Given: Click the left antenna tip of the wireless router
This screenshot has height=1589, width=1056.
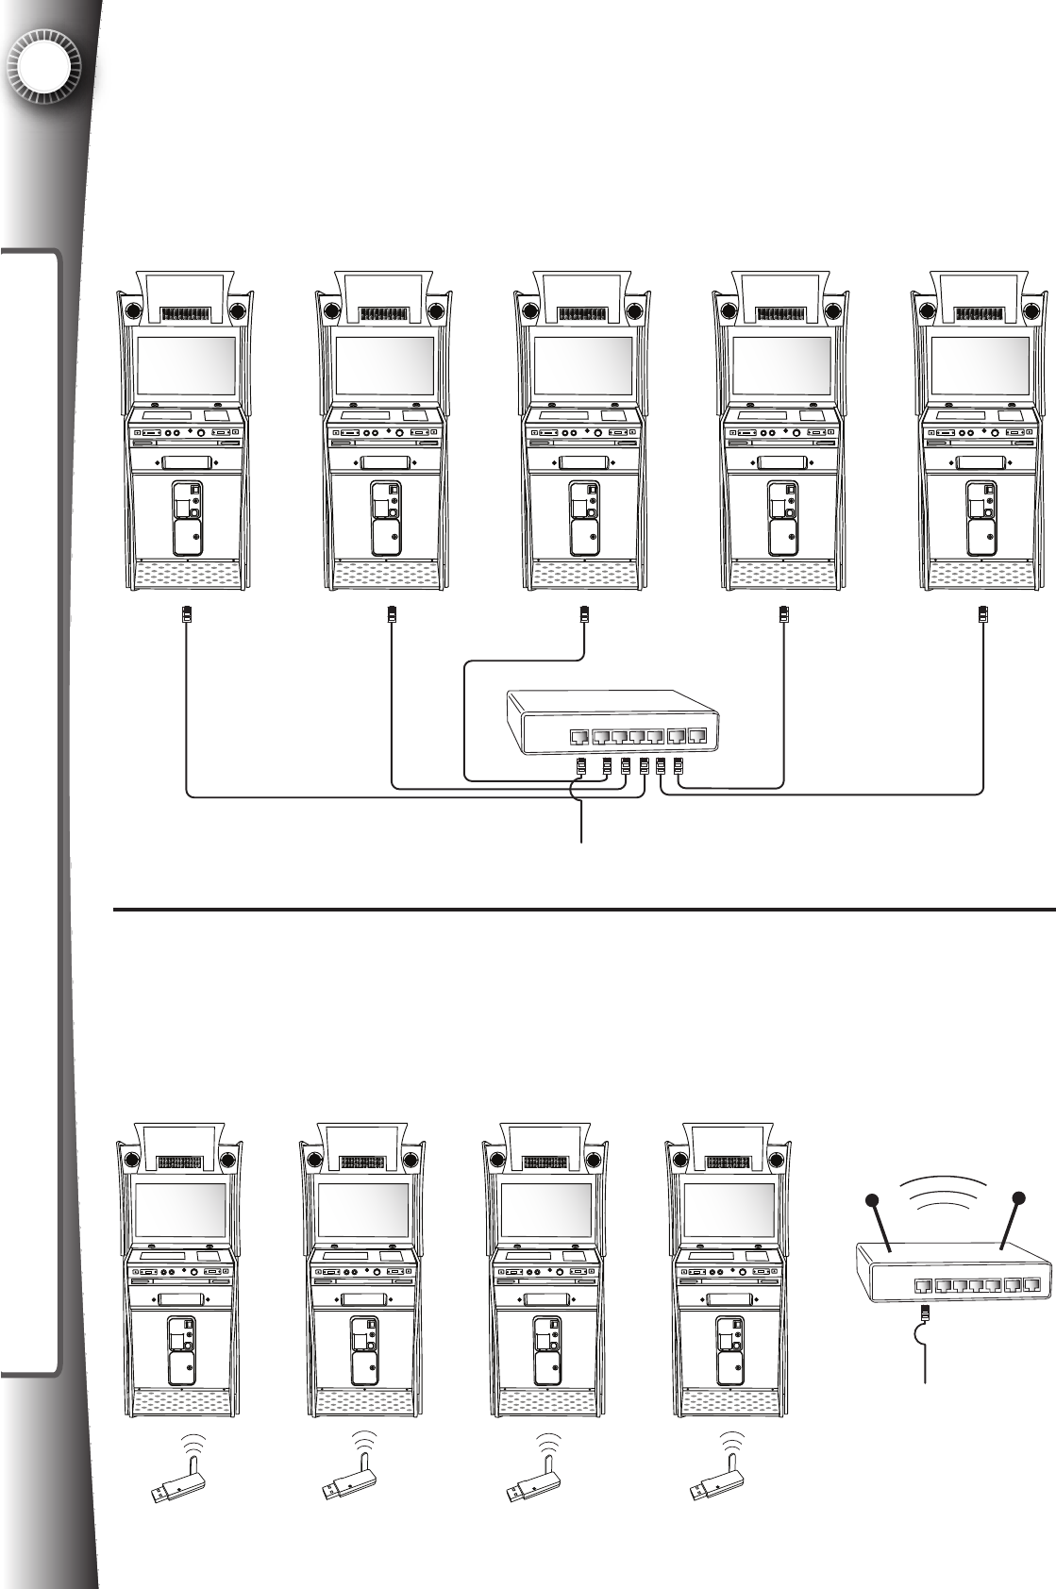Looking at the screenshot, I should (x=873, y=1201).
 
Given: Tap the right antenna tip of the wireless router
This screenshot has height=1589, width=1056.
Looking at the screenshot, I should (x=1018, y=1199).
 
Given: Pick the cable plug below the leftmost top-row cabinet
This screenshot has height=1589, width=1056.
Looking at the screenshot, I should (x=187, y=615).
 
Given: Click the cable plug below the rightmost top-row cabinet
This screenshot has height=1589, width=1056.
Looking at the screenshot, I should (x=983, y=615).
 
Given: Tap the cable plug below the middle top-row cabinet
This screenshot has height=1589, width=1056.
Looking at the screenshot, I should (x=585, y=615).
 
